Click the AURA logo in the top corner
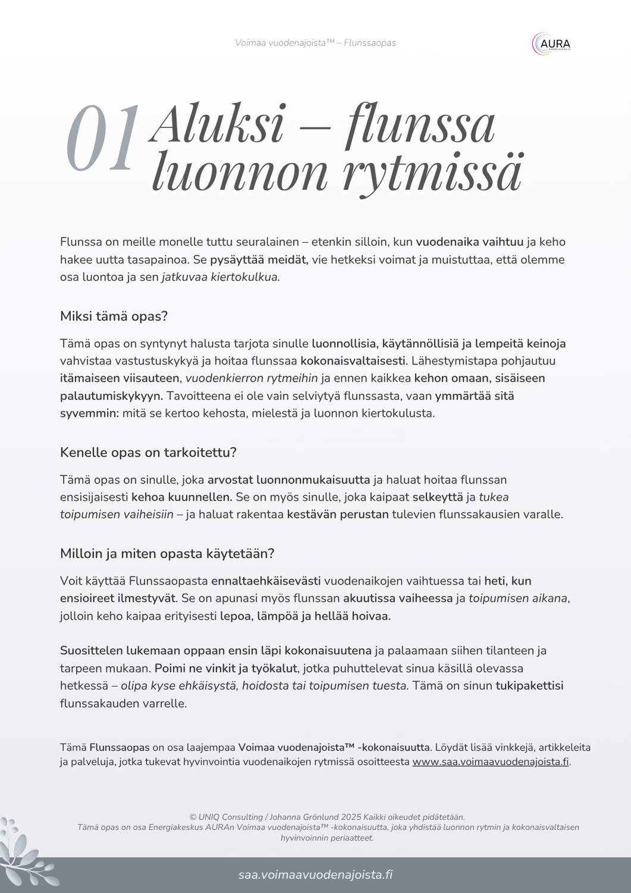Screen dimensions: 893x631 pyautogui.click(x=551, y=44)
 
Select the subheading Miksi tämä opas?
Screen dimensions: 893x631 pyautogui.click(x=114, y=316)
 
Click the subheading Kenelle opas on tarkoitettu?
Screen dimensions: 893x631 pyautogui.click(x=148, y=452)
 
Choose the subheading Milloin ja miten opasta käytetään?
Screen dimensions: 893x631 pyautogui.click(x=167, y=554)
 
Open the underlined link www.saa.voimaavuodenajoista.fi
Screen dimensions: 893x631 pyautogui.click(x=491, y=762)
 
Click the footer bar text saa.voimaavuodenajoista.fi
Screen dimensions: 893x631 pyautogui.click(x=315, y=875)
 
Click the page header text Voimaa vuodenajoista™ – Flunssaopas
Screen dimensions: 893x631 pyautogui.click(x=315, y=43)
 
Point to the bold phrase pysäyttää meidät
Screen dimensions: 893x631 pyautogui.click(x=258, y=260)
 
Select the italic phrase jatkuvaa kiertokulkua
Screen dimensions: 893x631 pyautogui.click(x=220, y=277)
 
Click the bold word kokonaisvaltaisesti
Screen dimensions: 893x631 pyautogui.click(x=353, y=361)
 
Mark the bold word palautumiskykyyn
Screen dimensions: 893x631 pyautogui.click(x=111, y=396)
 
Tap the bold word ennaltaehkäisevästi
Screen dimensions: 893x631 pyautogui.click(x=265, y=581)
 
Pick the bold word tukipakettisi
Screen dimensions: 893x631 pyautogui.click(x=529, y=686)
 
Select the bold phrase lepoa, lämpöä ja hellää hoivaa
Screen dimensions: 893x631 pyautogui.click(x=305, y=616)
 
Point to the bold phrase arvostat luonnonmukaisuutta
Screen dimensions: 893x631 pyautogui.click(x=288, y=480)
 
